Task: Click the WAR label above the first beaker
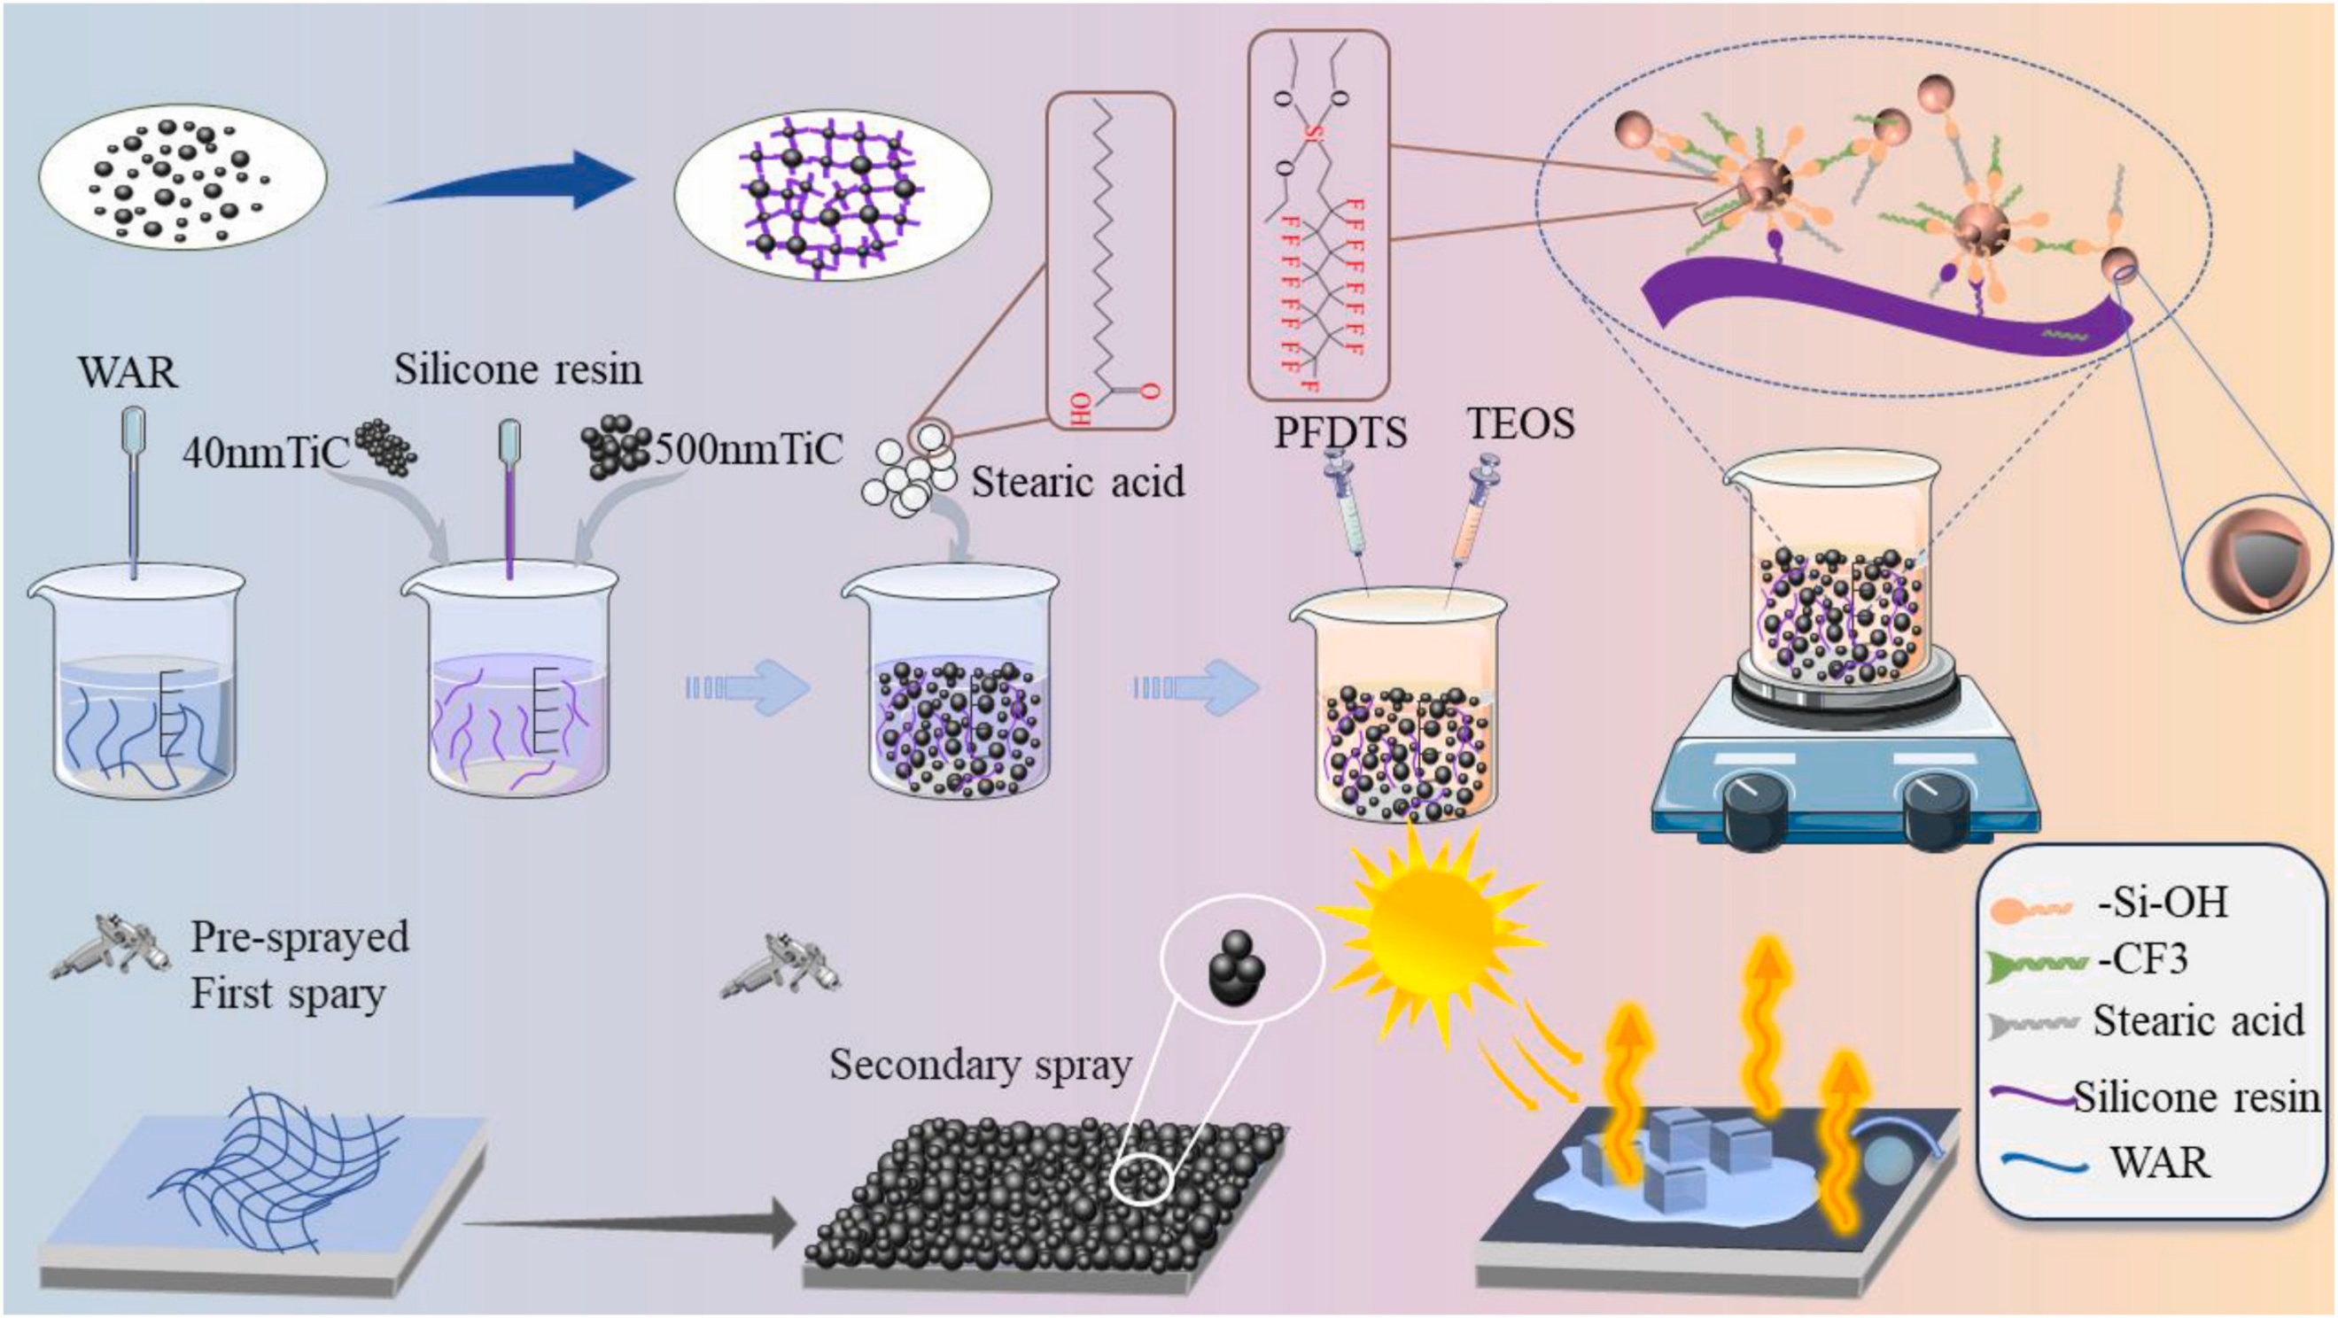(x=128, y=372)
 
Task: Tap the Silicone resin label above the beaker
(x=518, y=369)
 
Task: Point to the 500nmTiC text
(x=748, y=447)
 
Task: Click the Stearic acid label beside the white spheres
(x=1078, y=481)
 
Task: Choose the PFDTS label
(x=1340, y=432)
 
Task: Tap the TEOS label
(x=1521, y=423)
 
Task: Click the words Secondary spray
(x=981, y=1064)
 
